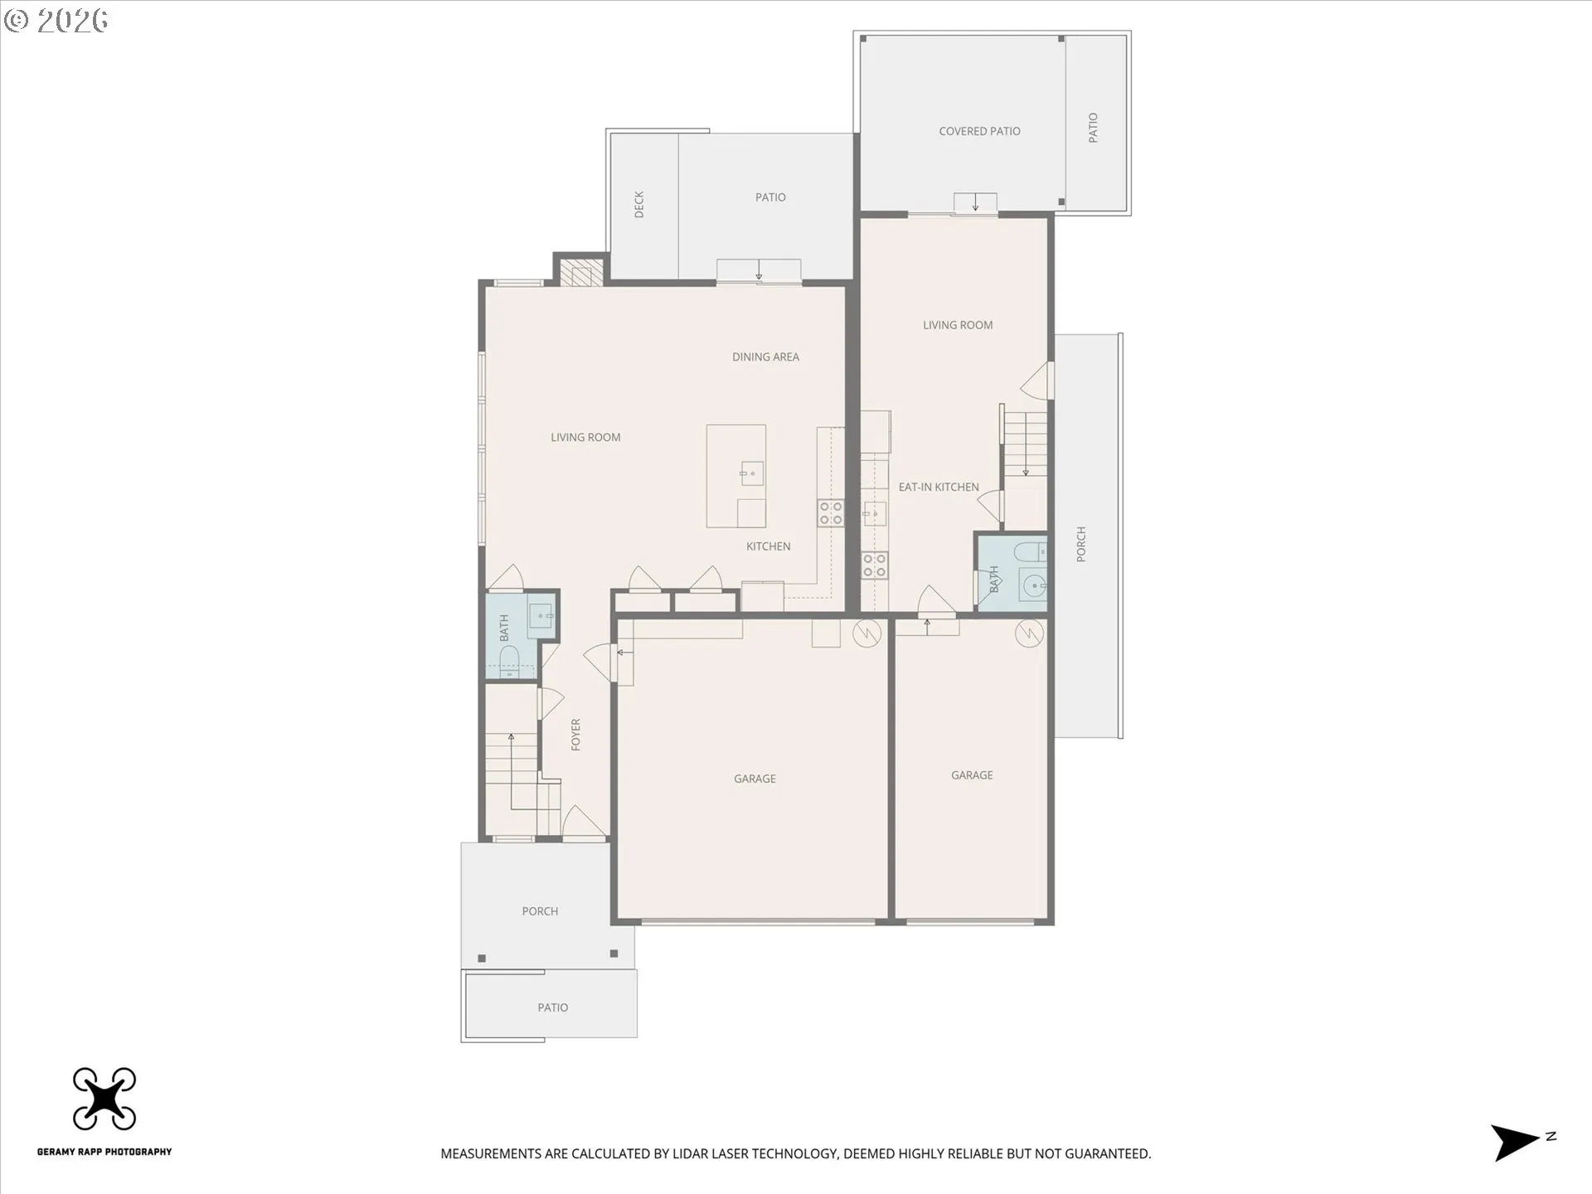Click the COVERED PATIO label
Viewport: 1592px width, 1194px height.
pyautogui.click(x=979, y=131)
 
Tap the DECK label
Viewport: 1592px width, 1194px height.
pyautogui.click(x=639, y=204)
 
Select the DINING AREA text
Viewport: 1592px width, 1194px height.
pyautogui.click(x=765, y=357)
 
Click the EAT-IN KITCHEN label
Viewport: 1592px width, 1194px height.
pyautogui.click(x=939, y=488)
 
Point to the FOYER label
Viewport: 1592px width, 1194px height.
pyautogui.click(x=576, y=735)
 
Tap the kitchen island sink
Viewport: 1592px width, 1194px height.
pyautogui.click(x=751, y=473)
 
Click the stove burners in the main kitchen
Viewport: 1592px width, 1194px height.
pyautogui.click(x=831, y=513)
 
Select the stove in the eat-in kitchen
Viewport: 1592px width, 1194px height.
pyautogui.click(x=874, y=565)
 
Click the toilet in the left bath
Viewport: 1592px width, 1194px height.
pyautogui.click(x=508, y=661)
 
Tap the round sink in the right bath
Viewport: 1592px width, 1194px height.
pyautogui.click(x=1033, y=587)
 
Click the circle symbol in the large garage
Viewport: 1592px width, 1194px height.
pyautogui.click(x=866, y=634)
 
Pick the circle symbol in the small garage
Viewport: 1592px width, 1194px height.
pyautogui.click(x=1029, y=634)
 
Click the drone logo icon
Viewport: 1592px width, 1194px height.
pyautogui.click(x=104, y=1099)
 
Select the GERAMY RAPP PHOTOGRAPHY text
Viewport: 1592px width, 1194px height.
pyautogui.click(x=104, y=1152)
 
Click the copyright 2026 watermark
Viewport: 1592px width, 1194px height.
pyautogui.click(x=56, y=20)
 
